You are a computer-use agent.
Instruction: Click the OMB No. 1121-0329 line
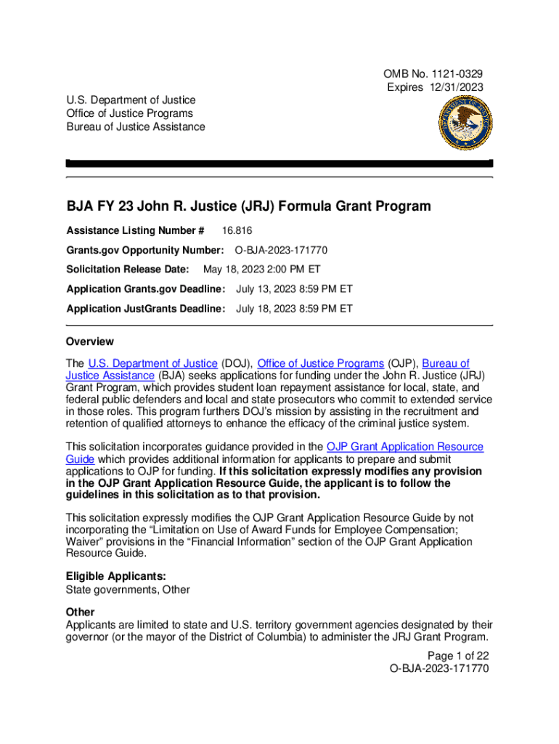pyautogui.click(x=433, y=74)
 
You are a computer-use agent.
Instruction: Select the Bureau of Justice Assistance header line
pyautogui.click(x=135, y=127)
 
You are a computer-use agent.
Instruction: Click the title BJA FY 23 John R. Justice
pyautogui.click(x=248, y=206)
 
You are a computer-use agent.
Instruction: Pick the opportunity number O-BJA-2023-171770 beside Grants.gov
pyautogui.click(x=281, y=251)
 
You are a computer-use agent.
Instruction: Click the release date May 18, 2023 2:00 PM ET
pyautogui.click(x=262, y=270)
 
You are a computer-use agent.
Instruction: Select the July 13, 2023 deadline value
pyautogui.click(x=294, y=289)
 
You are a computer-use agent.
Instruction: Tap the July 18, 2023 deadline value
pyautogui.click(x=294, y=309)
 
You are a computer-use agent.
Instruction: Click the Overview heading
pyautogui.click(x=90, y=341)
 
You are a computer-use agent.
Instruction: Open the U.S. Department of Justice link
pyautogui.click(x=152, y=363)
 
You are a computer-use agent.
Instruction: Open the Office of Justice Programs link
pyautogui.click(x=320, y=363)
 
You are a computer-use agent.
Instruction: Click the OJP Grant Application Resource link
pyautogui.click(x=405, y=447)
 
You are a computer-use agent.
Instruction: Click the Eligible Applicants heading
pyautogui.click(x=110, y=577)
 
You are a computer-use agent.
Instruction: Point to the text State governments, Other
pyautogui.click(x=128, y=590)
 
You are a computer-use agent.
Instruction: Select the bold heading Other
pyautogui.click(x=80, y=612)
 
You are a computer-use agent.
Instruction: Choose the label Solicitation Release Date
pyautogui.click(x=127, y=270)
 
